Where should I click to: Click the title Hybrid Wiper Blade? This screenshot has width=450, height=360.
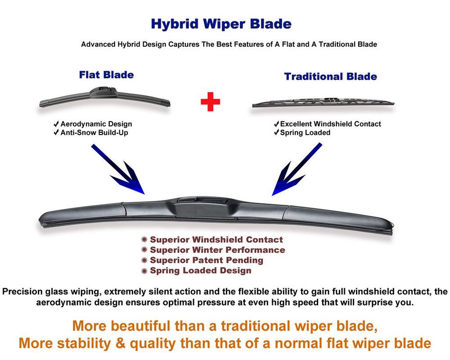[221, 24]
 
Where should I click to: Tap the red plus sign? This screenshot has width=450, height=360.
[210, 102]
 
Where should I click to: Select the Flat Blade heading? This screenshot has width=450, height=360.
[106, 75]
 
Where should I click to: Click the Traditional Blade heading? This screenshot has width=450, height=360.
[330, 76]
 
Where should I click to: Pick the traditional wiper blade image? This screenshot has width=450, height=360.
[323, 103]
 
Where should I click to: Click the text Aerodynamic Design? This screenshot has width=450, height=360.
[96, 124]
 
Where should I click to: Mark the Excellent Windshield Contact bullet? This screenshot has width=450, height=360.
[330, 124]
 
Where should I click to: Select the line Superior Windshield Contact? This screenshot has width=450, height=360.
[216, 240]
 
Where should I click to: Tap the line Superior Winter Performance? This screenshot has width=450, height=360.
[217, 250]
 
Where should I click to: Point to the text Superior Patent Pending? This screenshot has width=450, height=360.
[206, 261]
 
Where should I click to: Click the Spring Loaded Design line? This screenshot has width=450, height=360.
[200, 271]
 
